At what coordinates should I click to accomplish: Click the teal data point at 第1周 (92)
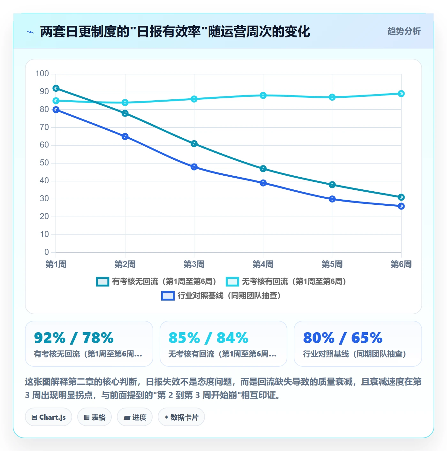(x=56, y=88)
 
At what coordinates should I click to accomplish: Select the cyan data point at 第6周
(x=401, y=94)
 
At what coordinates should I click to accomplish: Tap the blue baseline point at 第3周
(x=194, y=167)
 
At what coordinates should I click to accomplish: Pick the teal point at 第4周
(x=263, y=169)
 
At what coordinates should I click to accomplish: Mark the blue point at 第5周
(x=332, y=199)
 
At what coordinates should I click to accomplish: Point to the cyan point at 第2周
(x=125, y=103)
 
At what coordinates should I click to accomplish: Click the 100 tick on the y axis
(x=42, y=74)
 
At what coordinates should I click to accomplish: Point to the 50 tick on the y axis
(x=44, y=163)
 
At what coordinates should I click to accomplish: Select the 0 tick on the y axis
(x=47, y=252)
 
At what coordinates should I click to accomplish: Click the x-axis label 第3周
(x=194, y=264)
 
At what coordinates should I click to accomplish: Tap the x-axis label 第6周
(x=401, y=264)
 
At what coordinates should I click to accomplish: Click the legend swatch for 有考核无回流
(x=102, y=281)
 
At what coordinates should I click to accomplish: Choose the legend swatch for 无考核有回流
(x=232, y=281)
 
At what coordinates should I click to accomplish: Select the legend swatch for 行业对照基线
(x=168, y=296)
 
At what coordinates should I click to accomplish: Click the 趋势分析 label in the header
(x=404, y=31)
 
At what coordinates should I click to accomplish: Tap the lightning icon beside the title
(x=30, y=32)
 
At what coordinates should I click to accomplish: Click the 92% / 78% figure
(x=74, y=338)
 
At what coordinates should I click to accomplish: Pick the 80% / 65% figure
(x=343, y=338)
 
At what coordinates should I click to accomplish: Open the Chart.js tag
(x=49, y=417)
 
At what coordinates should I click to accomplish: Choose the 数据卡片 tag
(x=181, y=417)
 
